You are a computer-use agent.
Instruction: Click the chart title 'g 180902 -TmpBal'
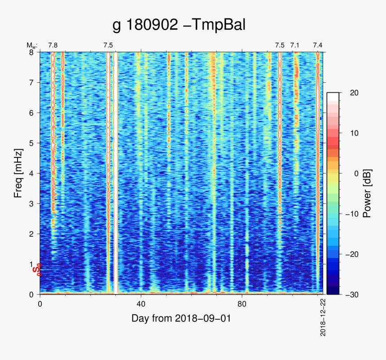pyautogui.click(x=179, y=25)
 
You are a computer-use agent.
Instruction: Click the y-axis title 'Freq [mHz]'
pyautogui.click(x=18, y=173)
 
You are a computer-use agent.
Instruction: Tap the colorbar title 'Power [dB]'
pyautogui.click(x=367, y=193)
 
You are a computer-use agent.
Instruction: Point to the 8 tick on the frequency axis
pyautogui.click(x=31, y=52)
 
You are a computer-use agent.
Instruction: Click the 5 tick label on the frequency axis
pyautogui.click(x=31, y=143)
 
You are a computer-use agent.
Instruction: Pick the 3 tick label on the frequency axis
pyautogui.click(x=31, y=203)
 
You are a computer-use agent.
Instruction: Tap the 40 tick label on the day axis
pyautogui.click(x=141, y=303)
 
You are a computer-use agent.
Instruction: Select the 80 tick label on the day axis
pyautogui.click(x=242, y=303)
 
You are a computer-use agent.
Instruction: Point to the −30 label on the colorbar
pyautogui.click(x=353, y=294)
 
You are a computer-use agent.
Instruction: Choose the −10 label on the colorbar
pyautogui.click(x=353, y=214)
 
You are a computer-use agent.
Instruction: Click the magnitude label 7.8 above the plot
pyautogui.click(x=53, y=45)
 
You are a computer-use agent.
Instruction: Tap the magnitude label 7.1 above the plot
pyautogui.click(x=295, y=45)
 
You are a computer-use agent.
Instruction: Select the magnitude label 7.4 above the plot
pyautogui.click(x=318, y=45)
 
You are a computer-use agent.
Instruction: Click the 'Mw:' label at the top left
pyautogui.click(x=32, y=45)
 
